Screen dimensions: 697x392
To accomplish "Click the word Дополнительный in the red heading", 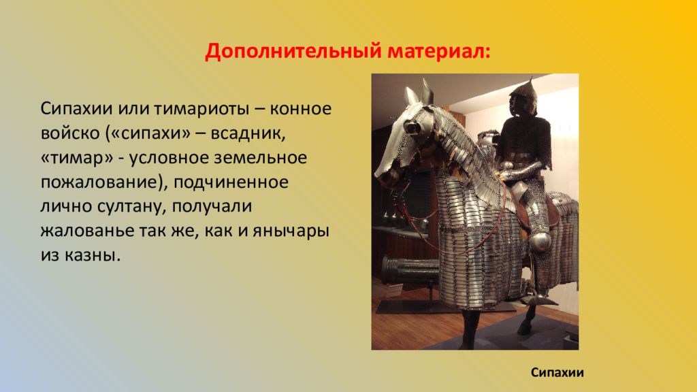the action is click(293, 52).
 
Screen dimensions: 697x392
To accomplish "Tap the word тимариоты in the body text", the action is click(201, 109).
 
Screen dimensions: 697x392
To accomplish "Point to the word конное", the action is click(300, 109).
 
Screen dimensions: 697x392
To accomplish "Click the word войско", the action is click(70, 133).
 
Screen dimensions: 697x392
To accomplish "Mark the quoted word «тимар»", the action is click(77, 158).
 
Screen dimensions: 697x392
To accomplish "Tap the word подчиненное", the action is click(231, 182).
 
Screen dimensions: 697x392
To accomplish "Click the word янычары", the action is click(291, 231).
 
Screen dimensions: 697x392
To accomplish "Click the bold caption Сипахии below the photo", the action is click(557, 372).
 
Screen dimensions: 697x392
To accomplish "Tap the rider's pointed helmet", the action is click(525, 95).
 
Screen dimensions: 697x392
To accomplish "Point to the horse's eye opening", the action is click(412, 127).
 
